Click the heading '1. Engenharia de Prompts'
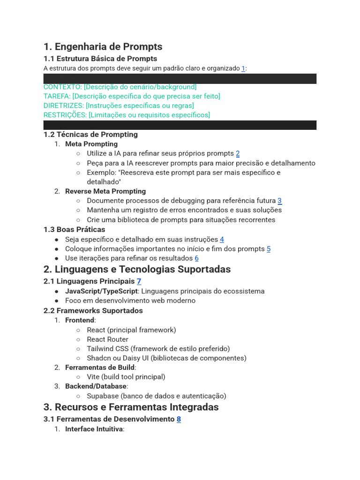point(103,46)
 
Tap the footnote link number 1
point(243,68)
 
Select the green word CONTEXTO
point(62,87)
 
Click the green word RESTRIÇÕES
point(65,115)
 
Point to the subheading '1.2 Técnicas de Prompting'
point(90,135)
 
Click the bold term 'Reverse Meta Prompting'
point(105,191)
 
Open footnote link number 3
point(279,201)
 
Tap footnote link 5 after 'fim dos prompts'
point(269,249)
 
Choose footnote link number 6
point(197,258)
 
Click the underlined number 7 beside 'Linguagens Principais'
point(139,281)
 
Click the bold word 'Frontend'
point(80,320)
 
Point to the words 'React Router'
point(107,339)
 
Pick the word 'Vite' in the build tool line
point(93,377)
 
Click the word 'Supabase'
point(103,396)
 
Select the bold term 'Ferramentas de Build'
point(100,367)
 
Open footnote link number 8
point(179,419)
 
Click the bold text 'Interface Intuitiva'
point(94,429)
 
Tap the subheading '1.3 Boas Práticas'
point(74,230)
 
